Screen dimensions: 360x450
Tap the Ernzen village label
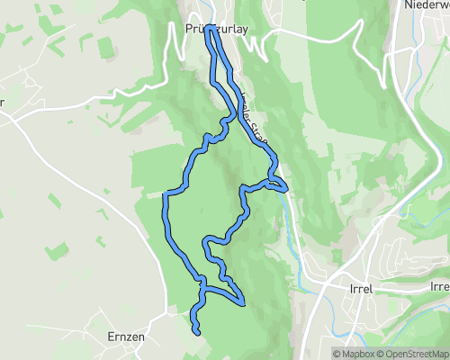(x=126, y=336)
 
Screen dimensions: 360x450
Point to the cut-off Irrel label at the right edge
(x=440, y=287)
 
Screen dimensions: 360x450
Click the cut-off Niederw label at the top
(x=427, y=4)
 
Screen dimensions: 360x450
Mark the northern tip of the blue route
(x=210, y=29)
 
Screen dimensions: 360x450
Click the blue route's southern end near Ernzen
(x=197, y=333)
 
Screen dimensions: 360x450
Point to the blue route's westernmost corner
(x=165, y=193)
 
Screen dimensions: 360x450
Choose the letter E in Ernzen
(x=110, y=336)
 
